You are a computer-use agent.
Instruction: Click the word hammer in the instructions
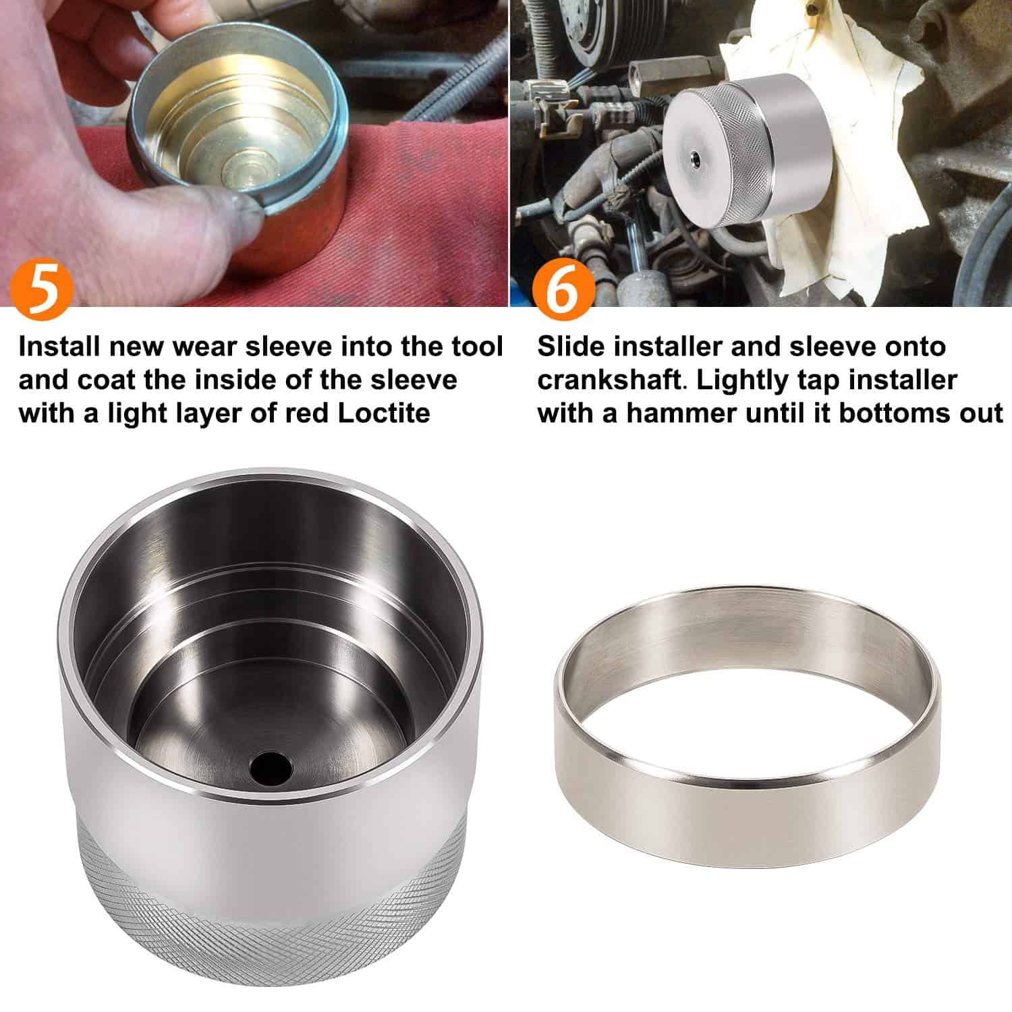pos(680,413)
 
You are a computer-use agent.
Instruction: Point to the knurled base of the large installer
pos(270,918)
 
